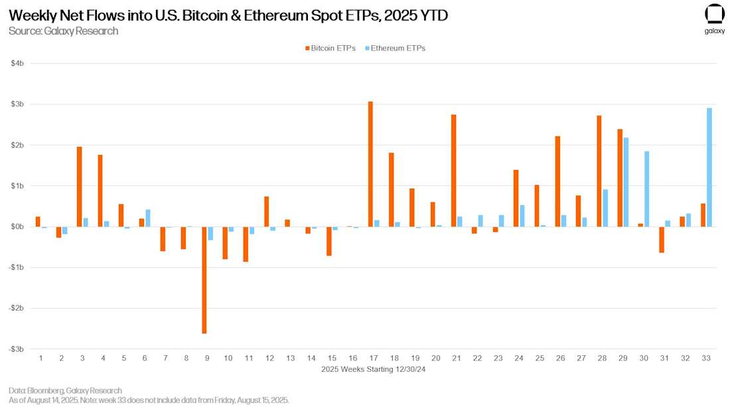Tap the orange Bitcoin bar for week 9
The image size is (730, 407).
pos(204,280)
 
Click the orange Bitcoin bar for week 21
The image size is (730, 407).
pos(453,171)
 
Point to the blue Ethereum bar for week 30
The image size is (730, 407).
pos(647,189)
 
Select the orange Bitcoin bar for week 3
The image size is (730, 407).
pos(80,187)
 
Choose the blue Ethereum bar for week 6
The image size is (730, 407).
pos(148,218)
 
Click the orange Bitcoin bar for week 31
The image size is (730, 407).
pos(662,240)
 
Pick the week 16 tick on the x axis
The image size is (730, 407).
pos(352,358)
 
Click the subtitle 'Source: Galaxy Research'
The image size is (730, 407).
pos(64,31)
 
